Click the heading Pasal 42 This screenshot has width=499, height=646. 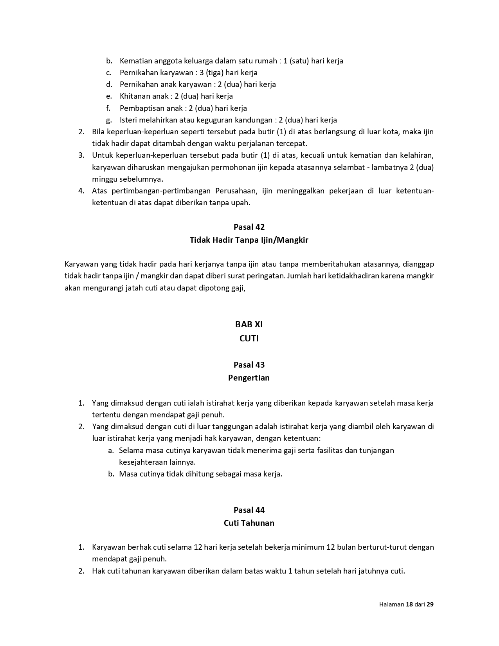(249, 227)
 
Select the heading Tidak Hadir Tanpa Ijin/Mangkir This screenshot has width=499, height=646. (249, 240)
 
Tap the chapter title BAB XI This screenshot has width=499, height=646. (249, 324)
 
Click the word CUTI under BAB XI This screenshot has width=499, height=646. (249, 338)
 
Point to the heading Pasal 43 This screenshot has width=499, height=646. (249, 365)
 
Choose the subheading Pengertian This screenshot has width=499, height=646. (249, 378)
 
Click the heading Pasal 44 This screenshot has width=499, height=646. (249, 510)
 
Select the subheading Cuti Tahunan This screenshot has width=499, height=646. (249, 523)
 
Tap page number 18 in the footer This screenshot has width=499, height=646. (409, 604)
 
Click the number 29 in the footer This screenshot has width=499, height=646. (430, 604)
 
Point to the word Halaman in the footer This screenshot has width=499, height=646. (391, 604)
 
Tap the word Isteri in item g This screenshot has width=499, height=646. (128, 120)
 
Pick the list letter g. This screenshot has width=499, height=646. (109, 120)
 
